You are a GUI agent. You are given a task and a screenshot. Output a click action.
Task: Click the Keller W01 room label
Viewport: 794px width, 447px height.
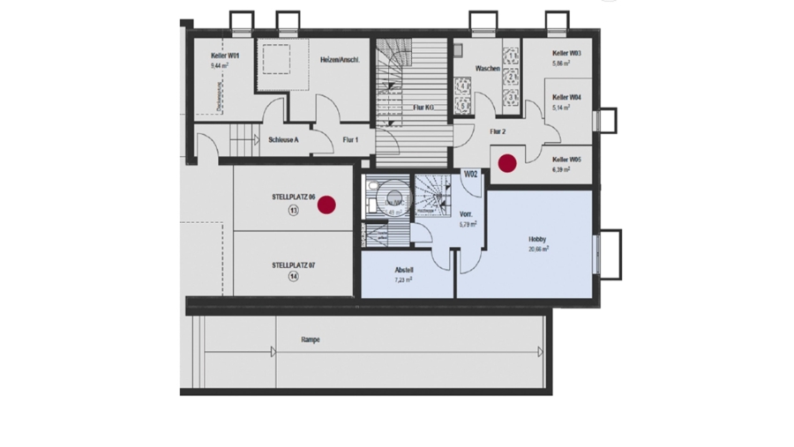(x=225, y=56)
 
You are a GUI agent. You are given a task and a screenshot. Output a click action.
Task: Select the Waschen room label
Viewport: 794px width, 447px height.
(x=488, y=69)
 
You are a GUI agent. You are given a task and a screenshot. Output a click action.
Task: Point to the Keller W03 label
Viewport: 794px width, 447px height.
(x=566, y=54)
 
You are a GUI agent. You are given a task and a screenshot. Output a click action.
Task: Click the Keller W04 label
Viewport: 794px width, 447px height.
(x=566, y=98)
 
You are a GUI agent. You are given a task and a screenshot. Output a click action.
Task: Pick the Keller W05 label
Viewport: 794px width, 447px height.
(x=566, y=160)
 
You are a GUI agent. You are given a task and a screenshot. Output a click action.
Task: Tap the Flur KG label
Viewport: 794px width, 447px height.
(x=423, y=107)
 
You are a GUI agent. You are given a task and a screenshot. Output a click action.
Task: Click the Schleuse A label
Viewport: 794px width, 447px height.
(x=283, y=139)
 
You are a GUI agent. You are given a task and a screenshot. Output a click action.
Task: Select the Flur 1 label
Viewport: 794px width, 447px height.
(x=350, y=139)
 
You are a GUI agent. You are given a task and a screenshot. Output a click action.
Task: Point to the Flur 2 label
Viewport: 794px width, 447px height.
(x=498, y=131)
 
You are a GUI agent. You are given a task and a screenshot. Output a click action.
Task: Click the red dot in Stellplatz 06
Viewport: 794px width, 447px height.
(x=326, y=205)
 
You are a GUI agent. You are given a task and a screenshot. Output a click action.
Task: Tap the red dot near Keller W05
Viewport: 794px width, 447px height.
(x=507, y=163)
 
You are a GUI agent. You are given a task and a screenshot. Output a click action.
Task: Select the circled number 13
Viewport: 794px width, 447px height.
(x=293, y=211)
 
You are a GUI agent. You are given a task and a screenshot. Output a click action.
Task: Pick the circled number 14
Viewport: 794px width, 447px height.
(x=293, y=276)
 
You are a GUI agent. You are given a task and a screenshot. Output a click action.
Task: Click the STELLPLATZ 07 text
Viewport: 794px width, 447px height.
(x=293, y=264)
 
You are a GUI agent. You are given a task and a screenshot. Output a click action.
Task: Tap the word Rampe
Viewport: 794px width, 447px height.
(x=310, y=339)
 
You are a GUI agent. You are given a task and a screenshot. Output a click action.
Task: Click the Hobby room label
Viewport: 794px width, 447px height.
(x=537, y=240)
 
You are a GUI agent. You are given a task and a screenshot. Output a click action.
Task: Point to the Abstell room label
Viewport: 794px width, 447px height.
(x=404, y=271)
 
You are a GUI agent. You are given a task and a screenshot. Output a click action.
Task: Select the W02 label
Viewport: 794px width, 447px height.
(x=471, y=175)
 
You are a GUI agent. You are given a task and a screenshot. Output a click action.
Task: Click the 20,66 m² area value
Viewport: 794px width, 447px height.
(x=538, y=250)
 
